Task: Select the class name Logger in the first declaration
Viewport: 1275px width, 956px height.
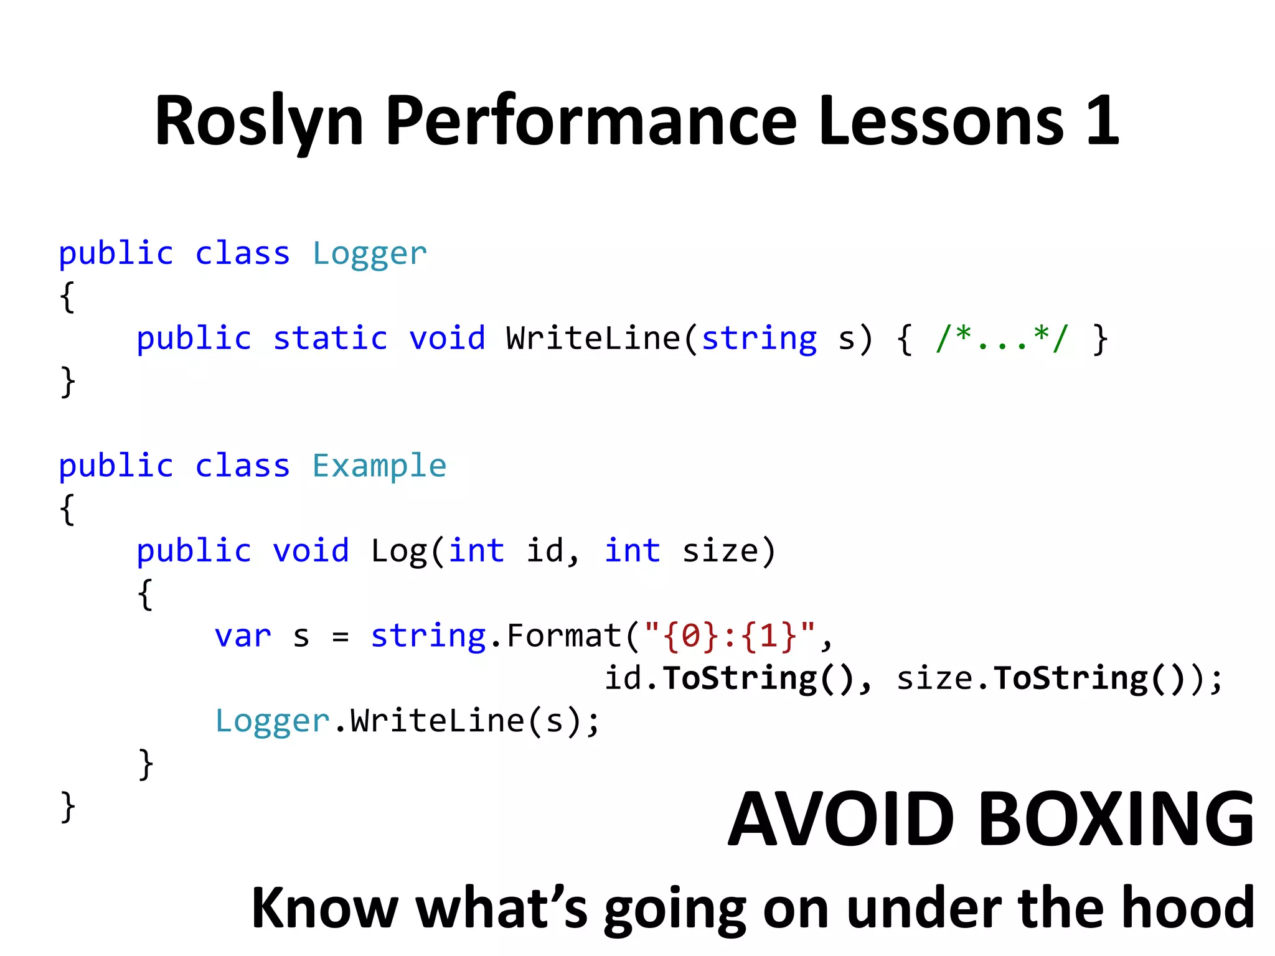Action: point(369,254)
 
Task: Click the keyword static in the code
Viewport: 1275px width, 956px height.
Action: point(330,339)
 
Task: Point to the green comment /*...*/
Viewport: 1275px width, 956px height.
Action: point(1001,339)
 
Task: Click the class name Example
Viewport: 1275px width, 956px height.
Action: point(379,466)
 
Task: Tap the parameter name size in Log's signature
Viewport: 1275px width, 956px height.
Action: point(720,551)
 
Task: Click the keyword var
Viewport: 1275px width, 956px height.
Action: point(243,637)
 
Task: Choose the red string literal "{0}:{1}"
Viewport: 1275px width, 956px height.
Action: point(729,637)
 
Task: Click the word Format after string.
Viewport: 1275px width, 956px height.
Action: point(564,637)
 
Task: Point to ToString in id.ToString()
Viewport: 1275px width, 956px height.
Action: point(739,678)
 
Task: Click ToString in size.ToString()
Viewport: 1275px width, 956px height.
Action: point(1070,678)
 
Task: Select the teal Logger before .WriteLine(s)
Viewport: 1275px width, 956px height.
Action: point(271,721)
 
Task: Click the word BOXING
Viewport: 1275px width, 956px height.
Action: point(1116,819)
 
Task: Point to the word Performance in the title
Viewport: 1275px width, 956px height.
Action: point(591,121)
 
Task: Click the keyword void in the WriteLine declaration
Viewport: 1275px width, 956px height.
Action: point(446,339)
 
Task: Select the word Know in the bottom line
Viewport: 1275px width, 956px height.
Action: point(324,907)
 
